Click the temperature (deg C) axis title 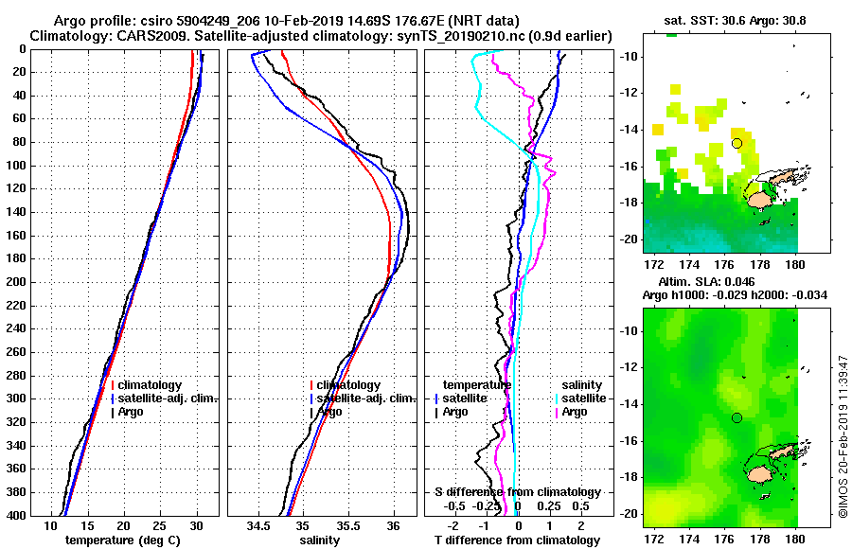[x=122, y=540]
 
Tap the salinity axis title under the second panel [x=321, y=540]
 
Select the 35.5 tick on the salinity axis [x=347, y=526]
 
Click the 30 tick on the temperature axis [x=196, y=526]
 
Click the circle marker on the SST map [x=737, y=143]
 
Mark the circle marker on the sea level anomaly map [x=737, y=417]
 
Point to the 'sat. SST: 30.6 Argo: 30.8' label [x=720, y=20]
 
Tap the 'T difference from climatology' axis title [x=517, y=540]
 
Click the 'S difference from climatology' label [x=517, y=492]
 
